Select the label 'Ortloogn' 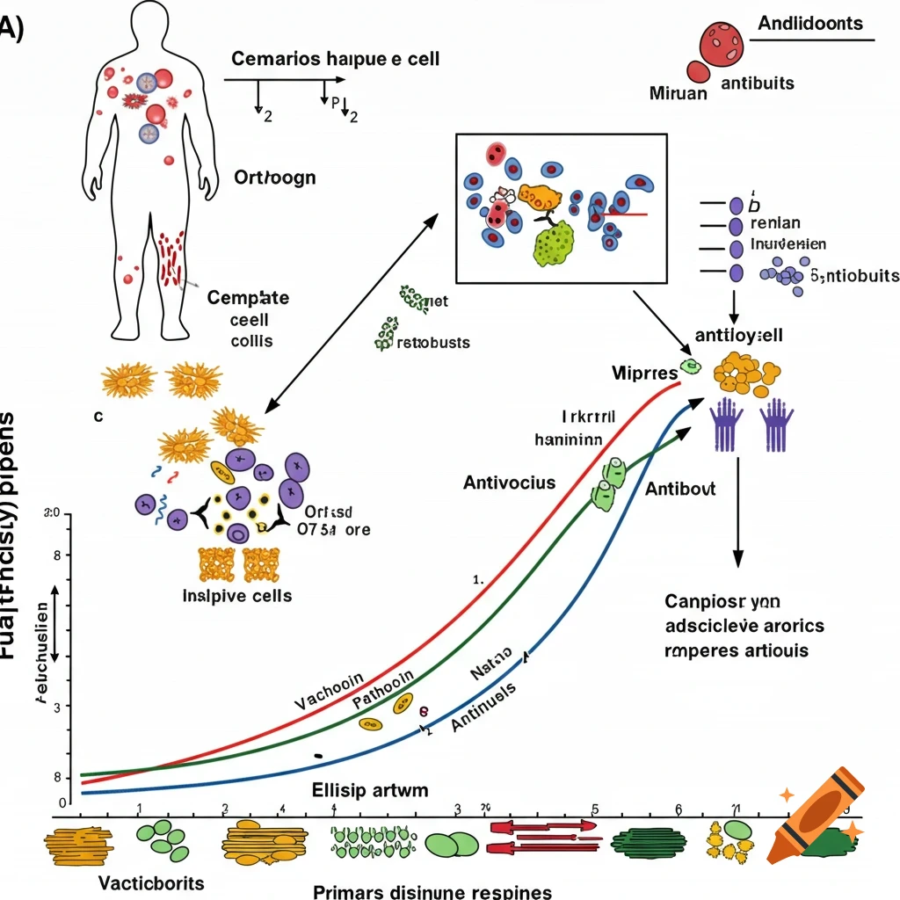[275, 177]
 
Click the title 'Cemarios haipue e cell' [336, 60]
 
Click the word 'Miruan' [678, 92]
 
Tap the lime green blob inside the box [553, 243]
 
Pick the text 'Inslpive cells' [237, 595]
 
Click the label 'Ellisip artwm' [370, 789]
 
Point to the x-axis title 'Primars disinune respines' [432, 890]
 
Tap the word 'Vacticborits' [151, 882]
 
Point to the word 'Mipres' [643, 373]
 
